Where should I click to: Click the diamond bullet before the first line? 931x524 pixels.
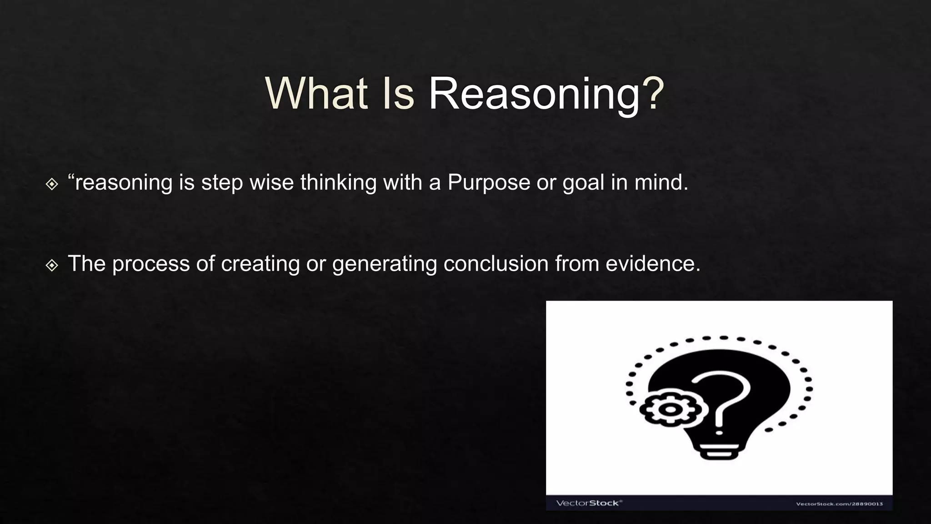[52, 184]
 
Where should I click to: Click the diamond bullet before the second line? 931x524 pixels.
[52, 265]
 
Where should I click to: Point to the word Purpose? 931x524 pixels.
[489, 183]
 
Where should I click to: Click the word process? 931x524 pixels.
[151, 264]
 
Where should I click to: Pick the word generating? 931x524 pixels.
[385, 264]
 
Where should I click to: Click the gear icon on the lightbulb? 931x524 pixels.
[669, 408]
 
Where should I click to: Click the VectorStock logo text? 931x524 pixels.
[589, 503]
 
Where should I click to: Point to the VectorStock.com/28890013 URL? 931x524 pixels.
[839, 504]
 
